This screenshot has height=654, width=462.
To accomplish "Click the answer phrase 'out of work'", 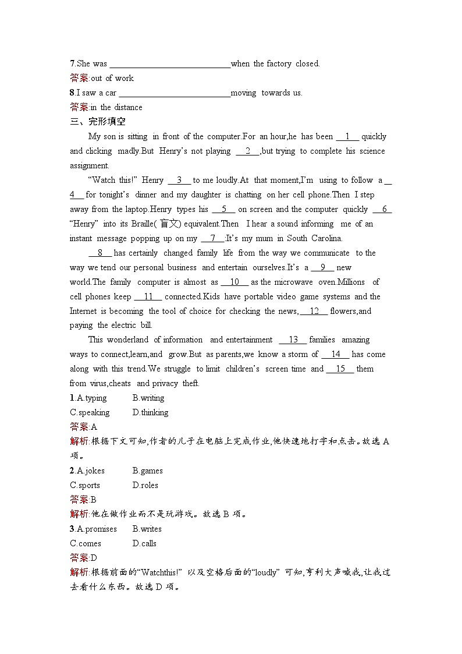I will (x=112, y=78).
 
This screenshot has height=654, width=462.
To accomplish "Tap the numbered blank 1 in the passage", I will (x=348, y=136).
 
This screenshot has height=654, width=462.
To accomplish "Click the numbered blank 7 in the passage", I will (x=213, y=238).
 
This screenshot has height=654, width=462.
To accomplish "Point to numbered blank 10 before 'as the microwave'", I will (x=235, y=282).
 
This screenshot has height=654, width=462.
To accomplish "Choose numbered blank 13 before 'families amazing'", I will (x=293, y=340).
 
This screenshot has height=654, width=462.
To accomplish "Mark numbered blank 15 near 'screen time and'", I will (x=340, y=369).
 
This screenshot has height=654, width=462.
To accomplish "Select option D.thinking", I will (x=150, y=412).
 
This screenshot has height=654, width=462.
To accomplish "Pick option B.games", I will (x=147, y=471).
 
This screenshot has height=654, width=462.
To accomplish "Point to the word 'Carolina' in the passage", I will (x=325, y=238).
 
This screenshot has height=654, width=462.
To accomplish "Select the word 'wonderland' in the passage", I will (x=127, y=340).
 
